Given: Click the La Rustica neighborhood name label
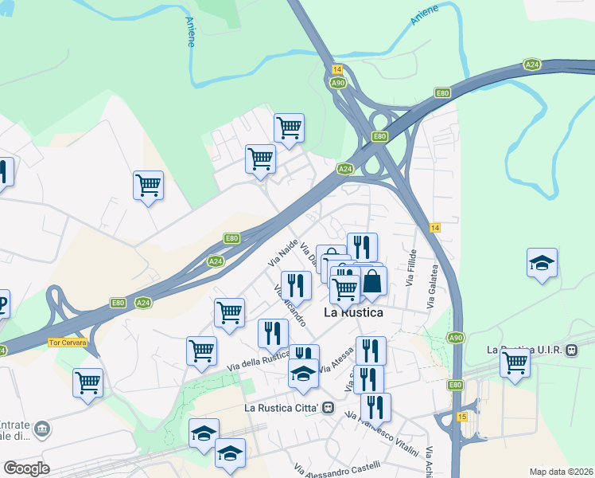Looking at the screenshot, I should click(x=353, y=313).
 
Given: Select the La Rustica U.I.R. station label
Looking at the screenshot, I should click(x=525, y=350).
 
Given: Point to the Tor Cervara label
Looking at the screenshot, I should click(x=67, y=343).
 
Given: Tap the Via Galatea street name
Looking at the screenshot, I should click(x=432, y=288).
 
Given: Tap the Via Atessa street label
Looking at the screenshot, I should click(x=335, y=366).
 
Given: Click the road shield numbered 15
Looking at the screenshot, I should click(x=462, y=417).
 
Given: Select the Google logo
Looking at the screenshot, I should click(x=26, y=468).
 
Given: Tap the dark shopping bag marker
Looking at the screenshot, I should click(x=371, y=281).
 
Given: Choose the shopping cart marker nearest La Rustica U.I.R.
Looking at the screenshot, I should click(x=515, y=362).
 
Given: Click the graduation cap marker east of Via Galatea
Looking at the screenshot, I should click(x=542, y=262).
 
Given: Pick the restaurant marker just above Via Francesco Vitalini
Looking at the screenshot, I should click(x=375, y=407).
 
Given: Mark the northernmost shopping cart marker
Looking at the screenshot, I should click(x=289, y=127).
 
